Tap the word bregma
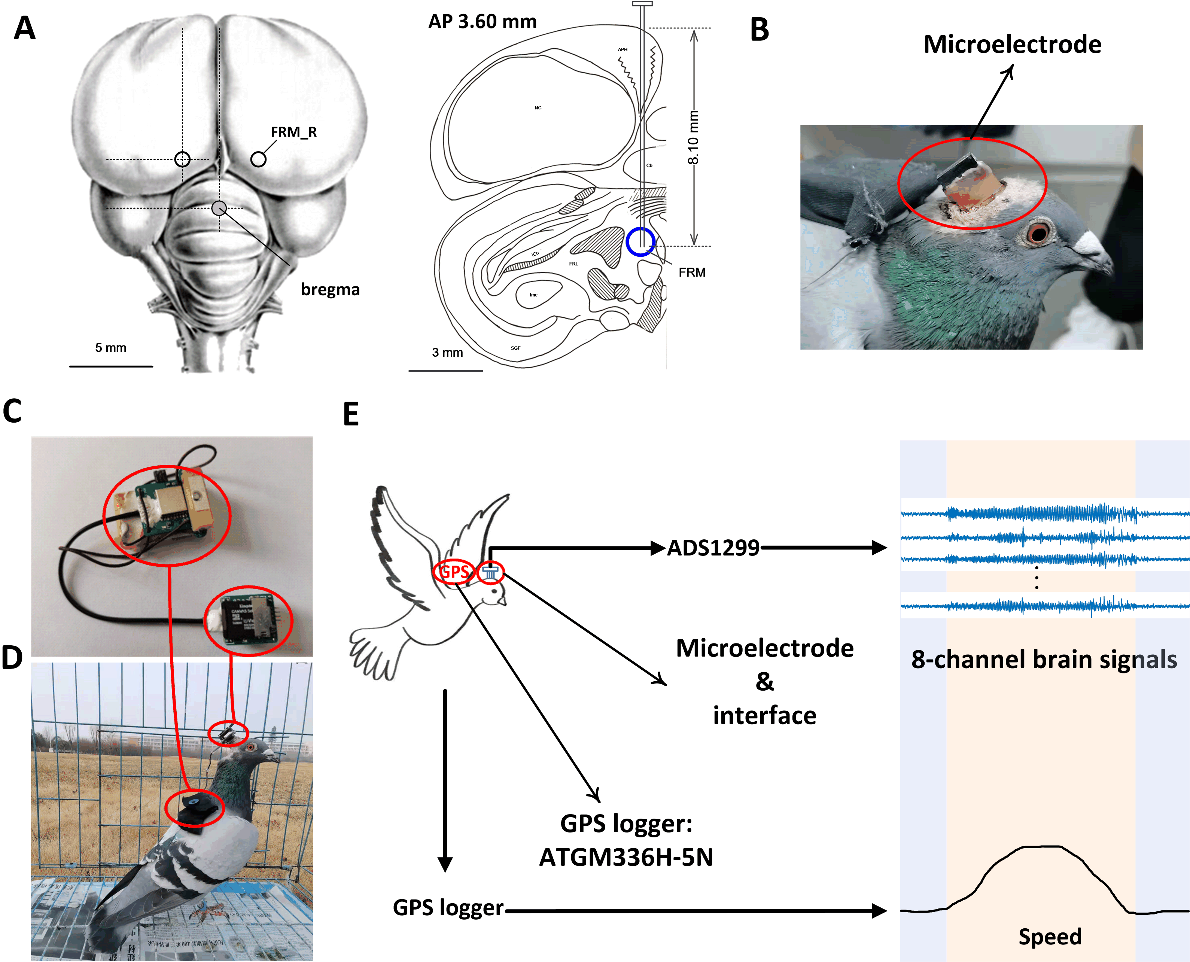(x=330, y=289)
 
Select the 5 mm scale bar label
(x=110, y=347)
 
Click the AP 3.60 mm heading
(x=482, y=22)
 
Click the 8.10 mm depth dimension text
(x=693, y=137)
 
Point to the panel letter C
(x=12, y=411)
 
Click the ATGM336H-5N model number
(x=626, y=857)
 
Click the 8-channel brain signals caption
(x=1044, y=660)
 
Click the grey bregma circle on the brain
(x=219, y=208)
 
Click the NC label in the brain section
(x=538, y=107)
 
